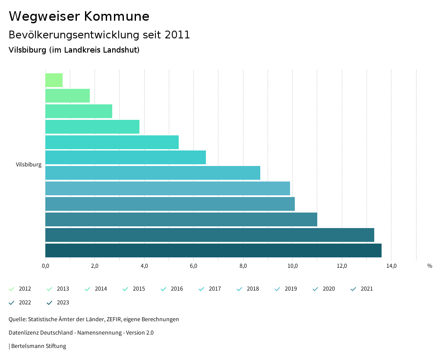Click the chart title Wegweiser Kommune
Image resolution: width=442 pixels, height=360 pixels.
point(79,16)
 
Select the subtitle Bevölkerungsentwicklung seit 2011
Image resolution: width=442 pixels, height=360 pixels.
point(99,35)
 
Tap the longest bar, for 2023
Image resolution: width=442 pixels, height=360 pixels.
point(213,250)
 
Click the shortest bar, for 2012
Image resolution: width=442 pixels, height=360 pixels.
point(54,80)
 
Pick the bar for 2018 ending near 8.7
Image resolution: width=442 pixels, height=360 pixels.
point(153,173)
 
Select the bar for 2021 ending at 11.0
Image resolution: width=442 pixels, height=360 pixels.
point(181,219)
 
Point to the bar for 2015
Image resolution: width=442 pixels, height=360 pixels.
point(92,127)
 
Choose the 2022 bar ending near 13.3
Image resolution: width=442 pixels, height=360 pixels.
point(210,235)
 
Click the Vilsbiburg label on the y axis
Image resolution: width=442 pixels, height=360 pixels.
point(28,165)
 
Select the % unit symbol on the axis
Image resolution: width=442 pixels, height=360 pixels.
point(429,266)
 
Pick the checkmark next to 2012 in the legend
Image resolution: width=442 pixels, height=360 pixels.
point(12,289)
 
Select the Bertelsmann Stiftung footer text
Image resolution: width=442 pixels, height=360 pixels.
point(38,346)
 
